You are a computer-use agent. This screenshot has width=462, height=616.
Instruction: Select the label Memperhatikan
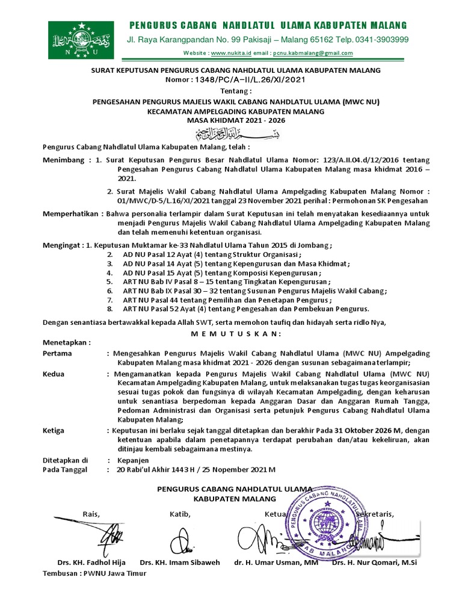(71, 214)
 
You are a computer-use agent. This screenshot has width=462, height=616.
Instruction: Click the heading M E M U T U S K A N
(230, 334)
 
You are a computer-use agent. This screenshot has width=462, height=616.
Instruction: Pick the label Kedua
(54, 374)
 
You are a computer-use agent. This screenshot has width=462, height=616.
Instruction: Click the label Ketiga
(54, 431)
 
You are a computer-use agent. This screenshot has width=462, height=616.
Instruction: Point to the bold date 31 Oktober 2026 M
(364, 431)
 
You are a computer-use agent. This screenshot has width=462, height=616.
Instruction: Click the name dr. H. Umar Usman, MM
(276, 563)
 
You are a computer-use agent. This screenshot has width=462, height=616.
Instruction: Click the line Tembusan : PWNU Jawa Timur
(94, 573)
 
